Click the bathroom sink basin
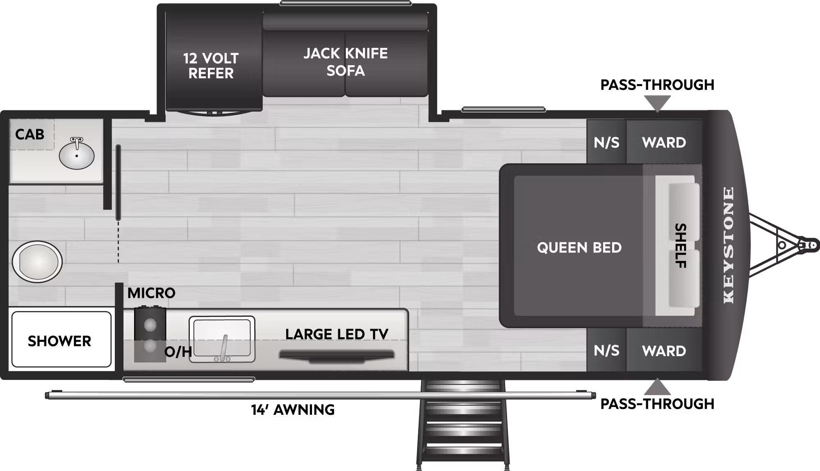pos(77,155)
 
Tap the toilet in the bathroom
pos(37,261)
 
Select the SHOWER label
pos(59,341)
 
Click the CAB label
pos(30,134)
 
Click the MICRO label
pos(151,293)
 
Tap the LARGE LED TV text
pos(337,334)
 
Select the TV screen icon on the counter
pos(337,356)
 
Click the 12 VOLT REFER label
pos(211,66)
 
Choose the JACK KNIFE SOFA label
pos(346,62)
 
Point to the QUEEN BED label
pos(579,247)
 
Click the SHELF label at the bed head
pos(681,246)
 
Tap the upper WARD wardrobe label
pos(664,142)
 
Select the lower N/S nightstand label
pos(606,350)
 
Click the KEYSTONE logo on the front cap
pos(729,245)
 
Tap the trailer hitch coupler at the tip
pos(810,245)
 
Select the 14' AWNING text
pos(293,409)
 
